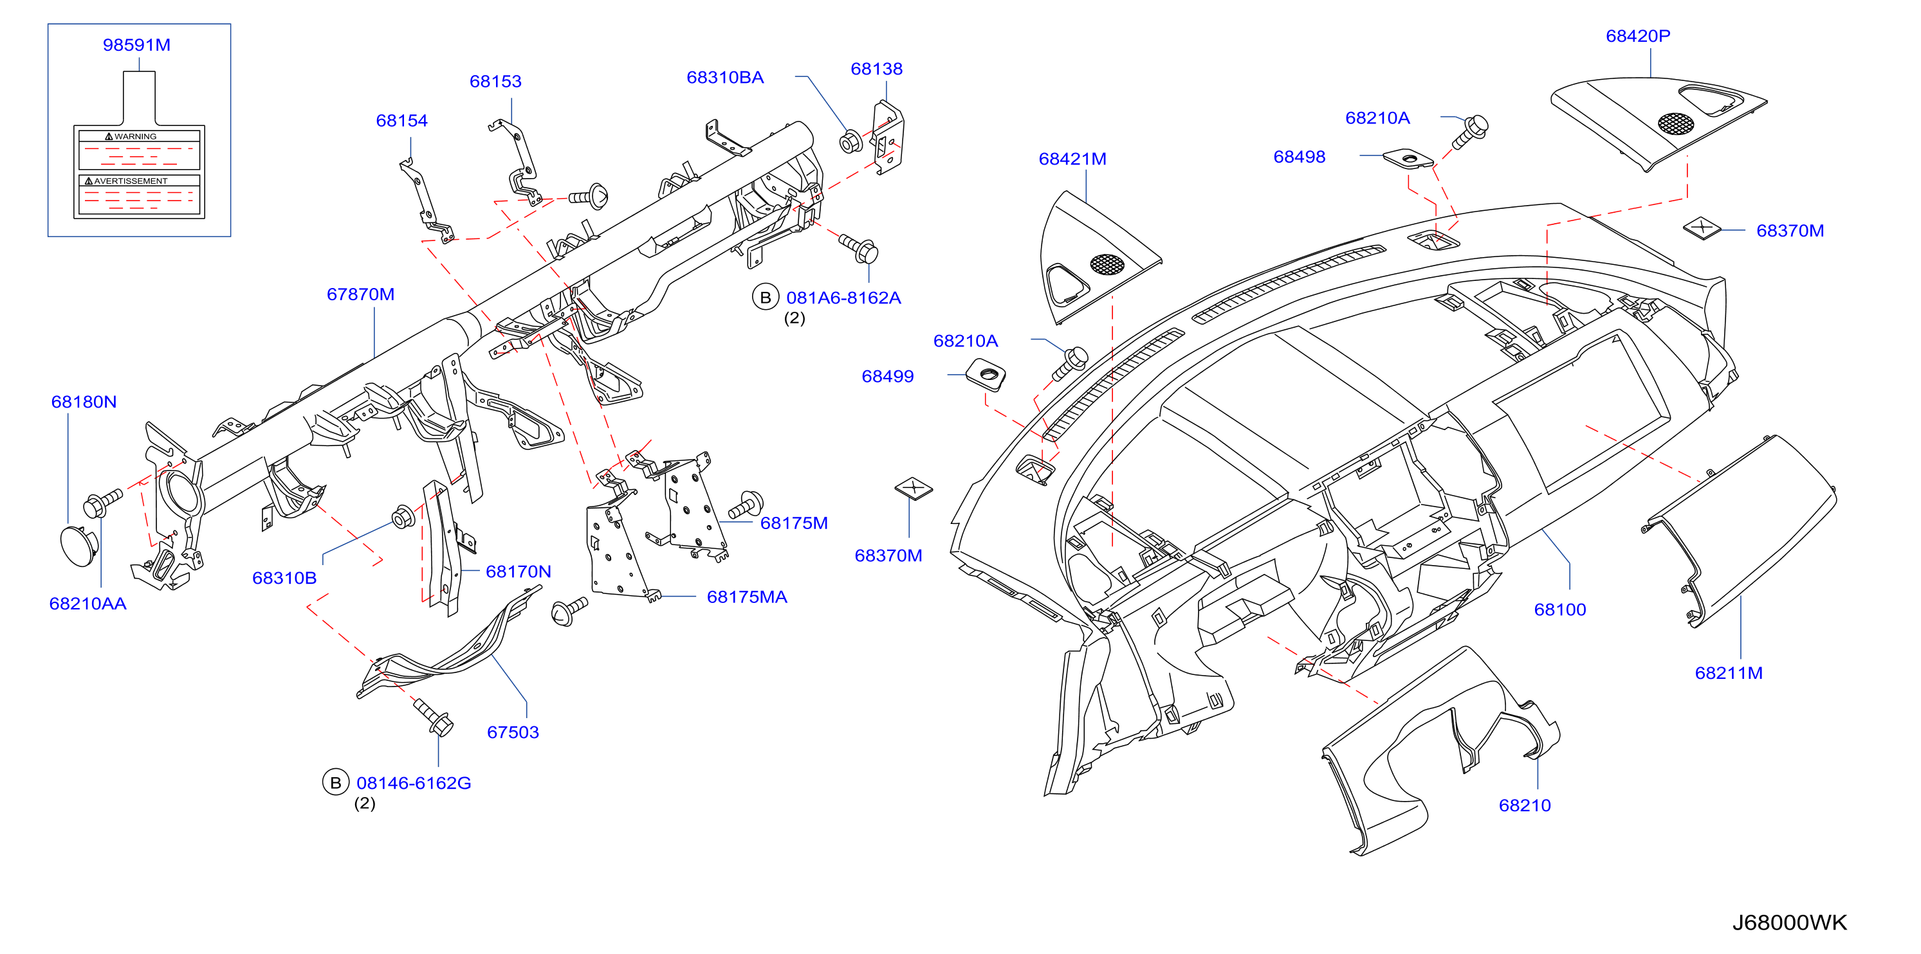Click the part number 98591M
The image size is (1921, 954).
click(136, 45)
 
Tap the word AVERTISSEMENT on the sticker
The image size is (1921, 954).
click(131, 181)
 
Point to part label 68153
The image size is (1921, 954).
click(495, 81)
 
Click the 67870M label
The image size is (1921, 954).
click(360, 294)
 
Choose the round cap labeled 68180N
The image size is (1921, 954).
click(79, 546)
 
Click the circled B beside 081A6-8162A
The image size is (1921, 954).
click(765, 298)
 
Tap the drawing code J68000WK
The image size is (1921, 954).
click(1789, 923)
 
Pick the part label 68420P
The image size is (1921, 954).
click(1638, 36)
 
